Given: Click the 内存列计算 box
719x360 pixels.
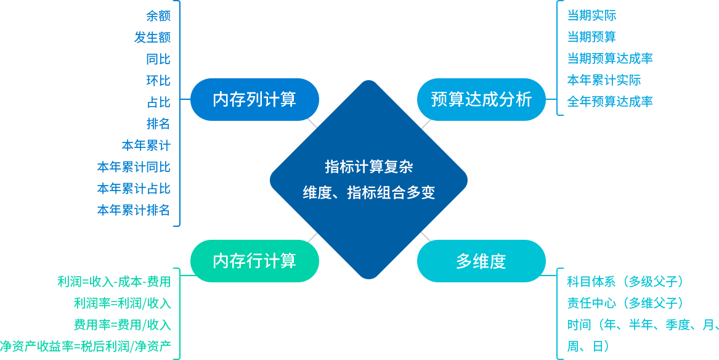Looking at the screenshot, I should pyautogui.click(x=254, y=99).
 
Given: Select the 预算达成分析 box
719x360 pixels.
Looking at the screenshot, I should pyautogui.click(x=481, y=99).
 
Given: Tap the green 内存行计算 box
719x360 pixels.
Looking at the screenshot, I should pyautogui.click(x=254, y=261).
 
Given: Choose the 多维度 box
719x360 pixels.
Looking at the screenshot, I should pyautogui.click(x=481, y=261).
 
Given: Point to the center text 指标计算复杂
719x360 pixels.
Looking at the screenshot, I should pyautogui.click(x=368, y=166).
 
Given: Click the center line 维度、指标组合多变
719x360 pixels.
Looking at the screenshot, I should pyautogui.click(x=368, y=193).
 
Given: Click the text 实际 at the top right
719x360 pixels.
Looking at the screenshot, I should pyautogui.click(x=604, y=15).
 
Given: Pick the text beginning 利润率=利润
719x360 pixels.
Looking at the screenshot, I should pyautogui.click(x=108, y=303).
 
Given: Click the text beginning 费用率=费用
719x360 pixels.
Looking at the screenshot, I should pyautogui.click(x=108, y=325).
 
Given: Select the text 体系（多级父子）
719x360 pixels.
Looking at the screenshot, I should pyautogui.click(x=638, y=282).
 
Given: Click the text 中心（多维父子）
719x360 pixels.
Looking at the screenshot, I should pyautogui.click(x=638, y=303).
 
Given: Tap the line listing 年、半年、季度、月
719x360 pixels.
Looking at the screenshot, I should pyautogui.click(x=656, y=325).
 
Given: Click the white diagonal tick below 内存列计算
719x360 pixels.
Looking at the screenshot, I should pyautogui.click(x=312, y=123).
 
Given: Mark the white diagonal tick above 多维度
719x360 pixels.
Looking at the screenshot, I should pyautogui.click(x=426, y=237).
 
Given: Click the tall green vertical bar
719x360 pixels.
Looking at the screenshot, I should pyautogui.click(x=161, y=313).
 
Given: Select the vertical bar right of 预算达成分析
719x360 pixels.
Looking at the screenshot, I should pyautogui.click(x=575, y=58).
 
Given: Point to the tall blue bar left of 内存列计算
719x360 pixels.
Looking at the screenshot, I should pyautogui.click(x=161, y=113).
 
